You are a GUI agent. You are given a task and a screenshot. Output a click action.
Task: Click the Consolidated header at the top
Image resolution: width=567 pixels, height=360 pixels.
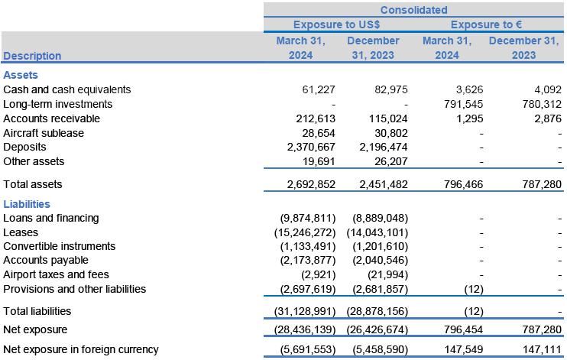coord(413,10)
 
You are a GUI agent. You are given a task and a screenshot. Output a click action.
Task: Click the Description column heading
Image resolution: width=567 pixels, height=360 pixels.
coord(32,56)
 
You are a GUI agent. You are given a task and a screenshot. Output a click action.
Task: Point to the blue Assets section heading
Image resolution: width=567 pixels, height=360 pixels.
coord(21,75)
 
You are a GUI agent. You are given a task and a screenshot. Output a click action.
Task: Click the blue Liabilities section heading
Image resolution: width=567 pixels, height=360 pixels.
coord(27,204)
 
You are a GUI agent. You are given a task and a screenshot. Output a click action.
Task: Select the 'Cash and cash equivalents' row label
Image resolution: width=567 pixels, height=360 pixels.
coord(67,89)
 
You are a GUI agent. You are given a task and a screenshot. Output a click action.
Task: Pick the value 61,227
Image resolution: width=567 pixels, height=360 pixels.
coord(307,89)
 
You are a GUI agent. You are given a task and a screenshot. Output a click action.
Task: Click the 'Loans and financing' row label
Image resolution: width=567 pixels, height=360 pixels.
coord(51,219)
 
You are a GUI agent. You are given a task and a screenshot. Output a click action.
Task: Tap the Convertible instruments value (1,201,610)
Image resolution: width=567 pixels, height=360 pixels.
coord(381,247)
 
